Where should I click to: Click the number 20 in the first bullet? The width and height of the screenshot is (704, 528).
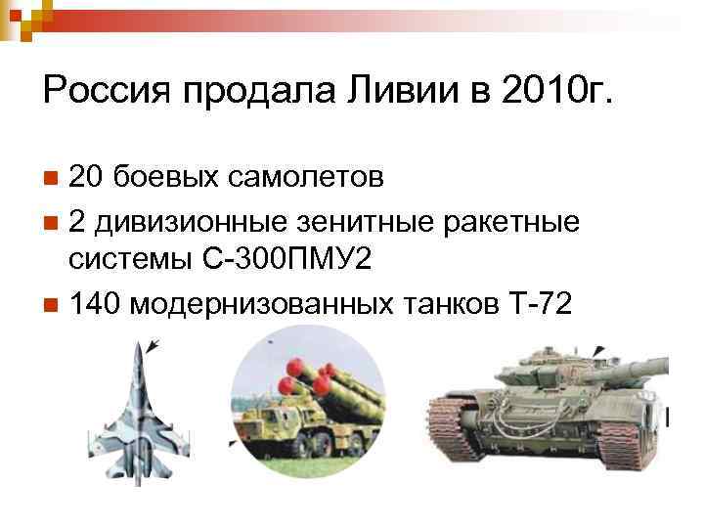click(x=86, y=178)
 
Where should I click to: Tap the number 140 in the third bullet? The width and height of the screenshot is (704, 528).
click(x=94, y=305)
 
